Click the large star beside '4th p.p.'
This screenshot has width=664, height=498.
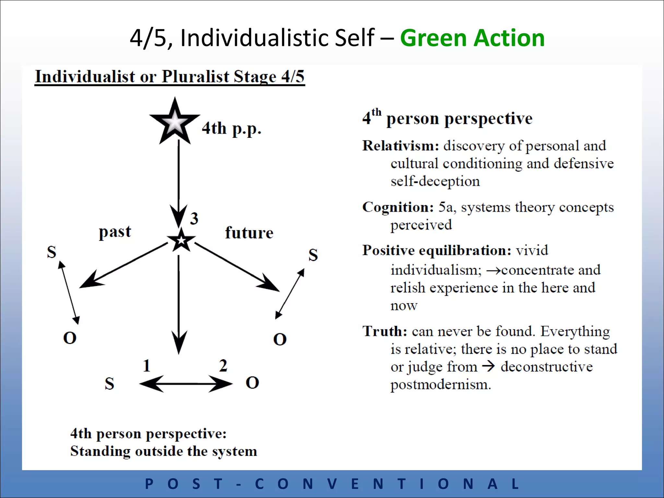(174, 122)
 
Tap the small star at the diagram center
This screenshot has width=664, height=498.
(181, 240)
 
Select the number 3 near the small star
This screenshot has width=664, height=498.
(194, 218)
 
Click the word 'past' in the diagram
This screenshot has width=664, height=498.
(115, 232)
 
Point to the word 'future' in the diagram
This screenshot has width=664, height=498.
(249, 233)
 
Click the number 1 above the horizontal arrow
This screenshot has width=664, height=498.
(147, 366)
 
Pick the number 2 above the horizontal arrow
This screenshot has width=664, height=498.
(223, 366)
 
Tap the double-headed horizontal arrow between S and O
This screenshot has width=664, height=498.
(186, 384)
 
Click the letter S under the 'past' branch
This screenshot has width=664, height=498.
(52, 252)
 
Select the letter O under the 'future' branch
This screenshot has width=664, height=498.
(280, 339)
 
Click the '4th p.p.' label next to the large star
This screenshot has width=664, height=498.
(231, 128)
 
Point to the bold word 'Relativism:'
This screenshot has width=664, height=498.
(400, 146)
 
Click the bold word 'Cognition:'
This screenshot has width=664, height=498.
(398, 207)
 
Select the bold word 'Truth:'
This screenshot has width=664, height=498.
(385, 331)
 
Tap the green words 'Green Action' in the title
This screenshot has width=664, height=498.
(472, 38)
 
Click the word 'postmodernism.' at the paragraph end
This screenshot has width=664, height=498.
(441, 385)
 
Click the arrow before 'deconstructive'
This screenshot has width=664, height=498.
(488, 367)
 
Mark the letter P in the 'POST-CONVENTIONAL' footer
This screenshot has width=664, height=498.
(149, 484)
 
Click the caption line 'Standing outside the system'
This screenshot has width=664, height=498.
(164, 451)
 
